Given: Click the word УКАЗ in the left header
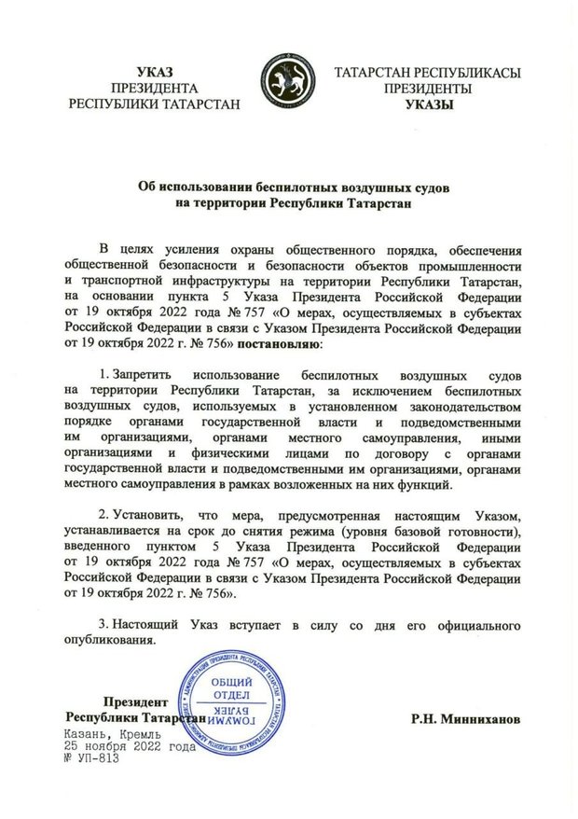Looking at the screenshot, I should tap(154, 72).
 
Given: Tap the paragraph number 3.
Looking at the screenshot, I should tap(103, 622).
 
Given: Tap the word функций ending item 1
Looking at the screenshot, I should tap(430, 486).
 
